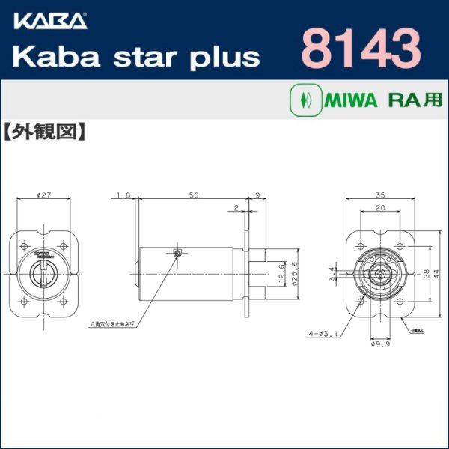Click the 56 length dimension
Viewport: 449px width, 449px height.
point(193,196)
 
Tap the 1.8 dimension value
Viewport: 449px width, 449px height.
point(123,196)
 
